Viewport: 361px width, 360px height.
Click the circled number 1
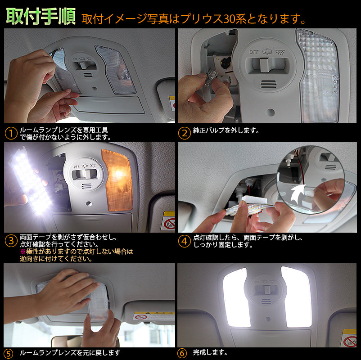(x=10, y=133)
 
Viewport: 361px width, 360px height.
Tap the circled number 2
(x=184, y=133)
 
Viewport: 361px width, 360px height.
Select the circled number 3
(x=10, y=241)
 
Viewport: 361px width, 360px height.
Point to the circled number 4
(x=184, y=241)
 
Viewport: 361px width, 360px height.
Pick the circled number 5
(x=9, y=352)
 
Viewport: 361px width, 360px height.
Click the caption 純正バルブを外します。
(x=226, y=130)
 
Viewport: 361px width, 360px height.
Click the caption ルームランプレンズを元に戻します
(x=70, y=352)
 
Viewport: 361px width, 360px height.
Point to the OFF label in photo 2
(x=254, y=52)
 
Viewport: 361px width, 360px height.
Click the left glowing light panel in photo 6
(x=235, y=297)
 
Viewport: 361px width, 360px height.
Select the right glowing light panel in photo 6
(x=296, y=297)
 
